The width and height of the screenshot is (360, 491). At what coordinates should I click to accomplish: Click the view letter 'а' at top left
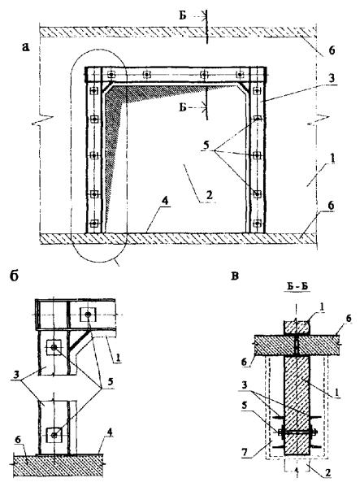26,47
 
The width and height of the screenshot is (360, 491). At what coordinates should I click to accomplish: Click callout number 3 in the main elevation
331,78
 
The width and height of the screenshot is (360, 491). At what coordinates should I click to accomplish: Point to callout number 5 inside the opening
206,146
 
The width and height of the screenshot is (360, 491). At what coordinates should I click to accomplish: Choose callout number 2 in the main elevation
209,195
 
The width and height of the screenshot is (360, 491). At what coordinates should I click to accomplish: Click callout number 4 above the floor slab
165,201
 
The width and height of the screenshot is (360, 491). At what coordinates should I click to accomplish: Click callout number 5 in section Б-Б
245,405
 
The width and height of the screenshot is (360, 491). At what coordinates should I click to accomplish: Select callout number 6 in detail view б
18,439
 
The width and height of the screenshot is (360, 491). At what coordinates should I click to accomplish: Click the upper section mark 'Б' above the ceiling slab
183,15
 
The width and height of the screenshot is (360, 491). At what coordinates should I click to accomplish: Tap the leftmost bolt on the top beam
111,75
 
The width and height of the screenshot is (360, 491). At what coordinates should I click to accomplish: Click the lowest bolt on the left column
93,224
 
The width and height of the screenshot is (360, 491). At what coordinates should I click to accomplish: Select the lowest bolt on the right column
257,224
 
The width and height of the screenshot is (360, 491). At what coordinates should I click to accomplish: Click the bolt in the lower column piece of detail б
54,435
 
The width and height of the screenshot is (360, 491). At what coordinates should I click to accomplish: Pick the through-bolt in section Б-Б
297,432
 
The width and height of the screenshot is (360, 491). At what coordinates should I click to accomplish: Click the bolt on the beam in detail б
88,315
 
